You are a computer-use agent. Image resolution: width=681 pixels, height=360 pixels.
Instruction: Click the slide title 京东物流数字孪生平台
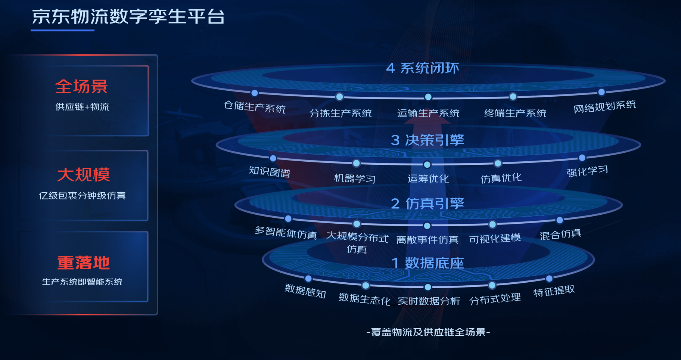coord(128,17)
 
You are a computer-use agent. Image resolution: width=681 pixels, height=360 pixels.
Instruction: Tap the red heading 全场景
coord(81,87)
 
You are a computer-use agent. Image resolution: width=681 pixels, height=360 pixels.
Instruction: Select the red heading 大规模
coord(83,174)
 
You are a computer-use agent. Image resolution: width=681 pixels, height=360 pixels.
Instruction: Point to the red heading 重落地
coord(83,263)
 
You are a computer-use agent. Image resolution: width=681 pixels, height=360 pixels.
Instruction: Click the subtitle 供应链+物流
coord(82,107)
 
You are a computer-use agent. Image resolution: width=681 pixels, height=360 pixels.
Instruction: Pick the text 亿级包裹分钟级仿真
coord(82,195)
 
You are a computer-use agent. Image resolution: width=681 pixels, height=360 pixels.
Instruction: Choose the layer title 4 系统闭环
coord(422,68)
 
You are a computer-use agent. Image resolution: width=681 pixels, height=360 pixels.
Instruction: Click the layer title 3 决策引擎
coord(427,140)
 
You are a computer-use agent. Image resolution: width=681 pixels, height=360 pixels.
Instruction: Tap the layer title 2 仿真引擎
coord(427,204)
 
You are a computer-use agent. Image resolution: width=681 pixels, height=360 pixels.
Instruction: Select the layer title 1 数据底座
coord(427,263)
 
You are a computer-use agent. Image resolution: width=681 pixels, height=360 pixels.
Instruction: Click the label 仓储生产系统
coord(254,107)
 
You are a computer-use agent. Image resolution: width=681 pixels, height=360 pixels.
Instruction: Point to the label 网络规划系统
coord(604,106)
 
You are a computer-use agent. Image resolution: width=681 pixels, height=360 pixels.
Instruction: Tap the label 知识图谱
coord(269,171)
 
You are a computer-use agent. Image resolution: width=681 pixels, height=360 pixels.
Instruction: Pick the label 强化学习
coord(587,171)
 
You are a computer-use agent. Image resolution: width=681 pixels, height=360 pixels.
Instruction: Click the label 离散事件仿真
coord(427,239)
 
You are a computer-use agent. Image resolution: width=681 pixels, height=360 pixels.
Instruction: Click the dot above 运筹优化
coord(427,164)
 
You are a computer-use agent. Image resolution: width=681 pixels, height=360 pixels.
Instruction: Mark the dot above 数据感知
coord(308,279)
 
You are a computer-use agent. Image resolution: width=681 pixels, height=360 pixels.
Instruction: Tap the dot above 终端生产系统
coord(513,97)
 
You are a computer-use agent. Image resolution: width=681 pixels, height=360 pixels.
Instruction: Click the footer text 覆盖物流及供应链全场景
coord(428,332)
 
